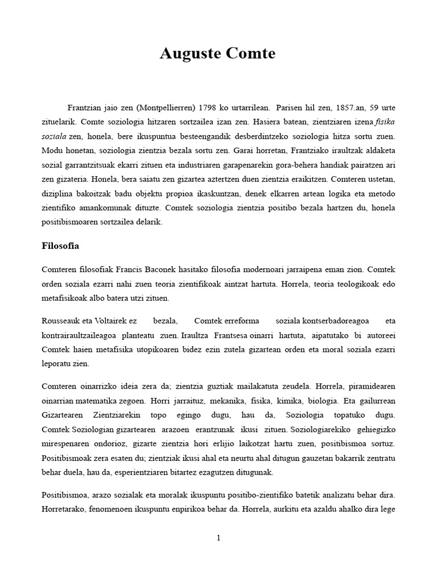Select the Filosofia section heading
[x=61, y=246]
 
